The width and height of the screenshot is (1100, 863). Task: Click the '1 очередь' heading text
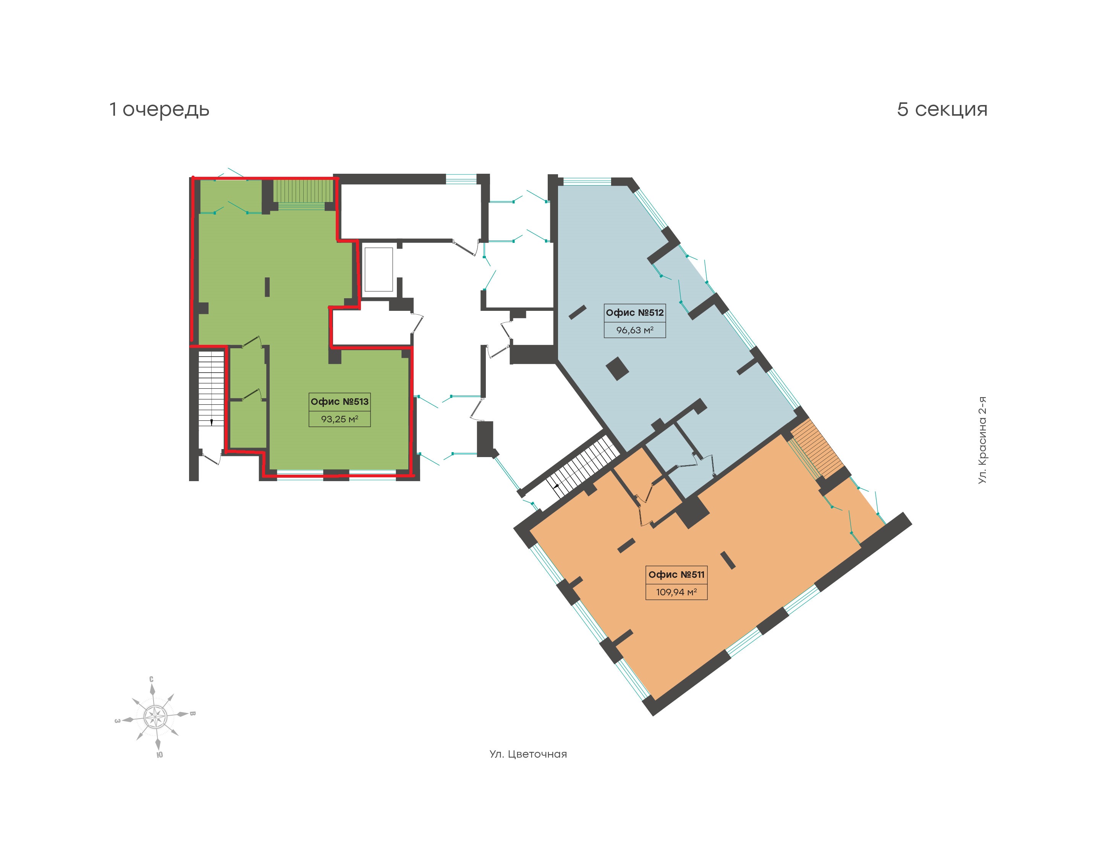click(159, 110)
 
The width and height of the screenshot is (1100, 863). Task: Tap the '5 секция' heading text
click(942, 109)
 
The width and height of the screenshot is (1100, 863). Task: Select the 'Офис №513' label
click(340, 402)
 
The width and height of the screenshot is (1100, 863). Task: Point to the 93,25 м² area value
click(340, 419)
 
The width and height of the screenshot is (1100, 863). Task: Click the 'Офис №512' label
click(635, 313)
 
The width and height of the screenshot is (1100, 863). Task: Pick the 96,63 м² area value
click(635, 330)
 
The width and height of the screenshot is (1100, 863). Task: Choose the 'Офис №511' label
click(676, 574)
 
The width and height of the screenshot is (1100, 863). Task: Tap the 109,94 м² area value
click(676, 591)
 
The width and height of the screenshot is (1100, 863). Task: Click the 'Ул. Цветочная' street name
click(528, 755)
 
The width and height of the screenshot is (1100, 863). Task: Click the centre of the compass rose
click(155, 716)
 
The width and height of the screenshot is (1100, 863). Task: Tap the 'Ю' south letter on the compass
click(160, 755)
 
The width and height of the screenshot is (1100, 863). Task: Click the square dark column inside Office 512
click(618, 368)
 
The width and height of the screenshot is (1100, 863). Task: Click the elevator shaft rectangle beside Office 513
click(379, 269)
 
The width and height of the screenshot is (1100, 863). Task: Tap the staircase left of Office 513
click(211, 388)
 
